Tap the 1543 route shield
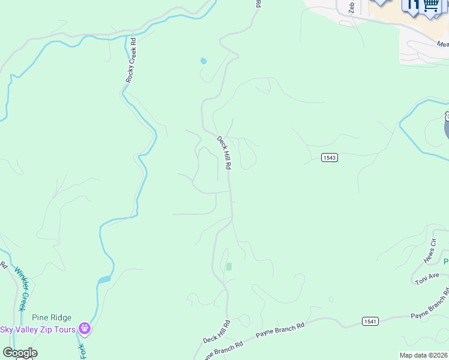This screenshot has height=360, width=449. coord(329,158)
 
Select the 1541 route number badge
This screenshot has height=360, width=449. coord(370,322)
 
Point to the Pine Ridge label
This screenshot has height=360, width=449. coord(52,318)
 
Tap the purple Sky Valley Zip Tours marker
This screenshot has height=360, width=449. coord(85,329)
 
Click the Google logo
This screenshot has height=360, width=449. coord(20,353)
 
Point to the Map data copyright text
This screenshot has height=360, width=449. coord(423,355)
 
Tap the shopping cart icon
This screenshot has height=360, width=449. coord(430,5)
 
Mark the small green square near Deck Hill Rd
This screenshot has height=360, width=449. coord(228,266)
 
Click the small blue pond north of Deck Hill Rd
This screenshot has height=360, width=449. coord(203,61)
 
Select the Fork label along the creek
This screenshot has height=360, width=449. coord(82,350)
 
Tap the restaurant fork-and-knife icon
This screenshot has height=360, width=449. coord(412,5)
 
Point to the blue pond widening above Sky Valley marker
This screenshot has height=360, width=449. coord(104,279)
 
